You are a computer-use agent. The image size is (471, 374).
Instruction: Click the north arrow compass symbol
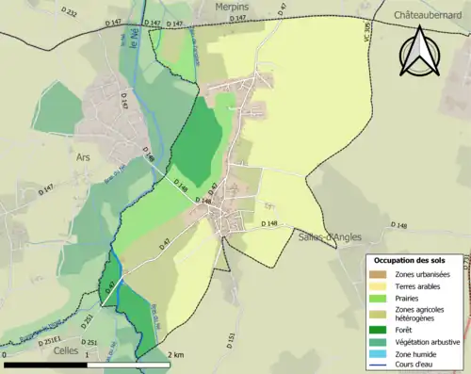[x=420, y=51]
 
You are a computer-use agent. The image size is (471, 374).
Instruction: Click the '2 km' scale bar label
[x=176, y=354]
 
